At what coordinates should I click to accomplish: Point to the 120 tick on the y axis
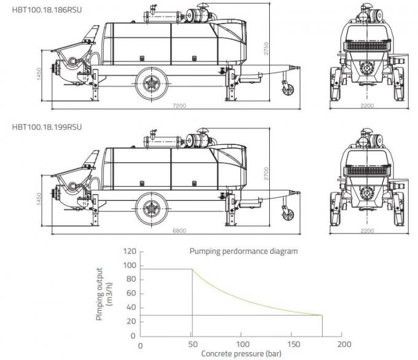129,252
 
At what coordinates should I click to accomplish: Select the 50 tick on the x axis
192,344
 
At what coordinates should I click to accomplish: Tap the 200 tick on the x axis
344,344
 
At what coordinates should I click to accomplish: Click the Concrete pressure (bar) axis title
242,354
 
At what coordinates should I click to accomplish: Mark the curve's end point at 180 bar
324,315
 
